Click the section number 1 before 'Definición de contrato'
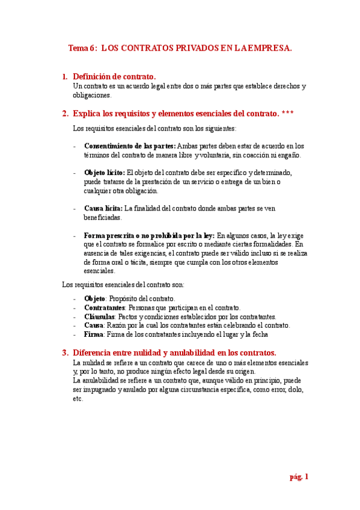coord(65,77)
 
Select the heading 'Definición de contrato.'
coord(114,77)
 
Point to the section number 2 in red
coord(65,113)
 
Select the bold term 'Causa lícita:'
coord(103,209)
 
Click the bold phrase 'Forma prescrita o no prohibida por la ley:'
coord(149,236)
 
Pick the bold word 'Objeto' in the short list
coord(95,299)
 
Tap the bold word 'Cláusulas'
coord(100,317)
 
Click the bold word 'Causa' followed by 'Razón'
coord(94,325)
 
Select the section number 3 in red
coord(65,352)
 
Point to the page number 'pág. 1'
coord(299,477)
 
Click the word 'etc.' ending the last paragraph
coord(78,399)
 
